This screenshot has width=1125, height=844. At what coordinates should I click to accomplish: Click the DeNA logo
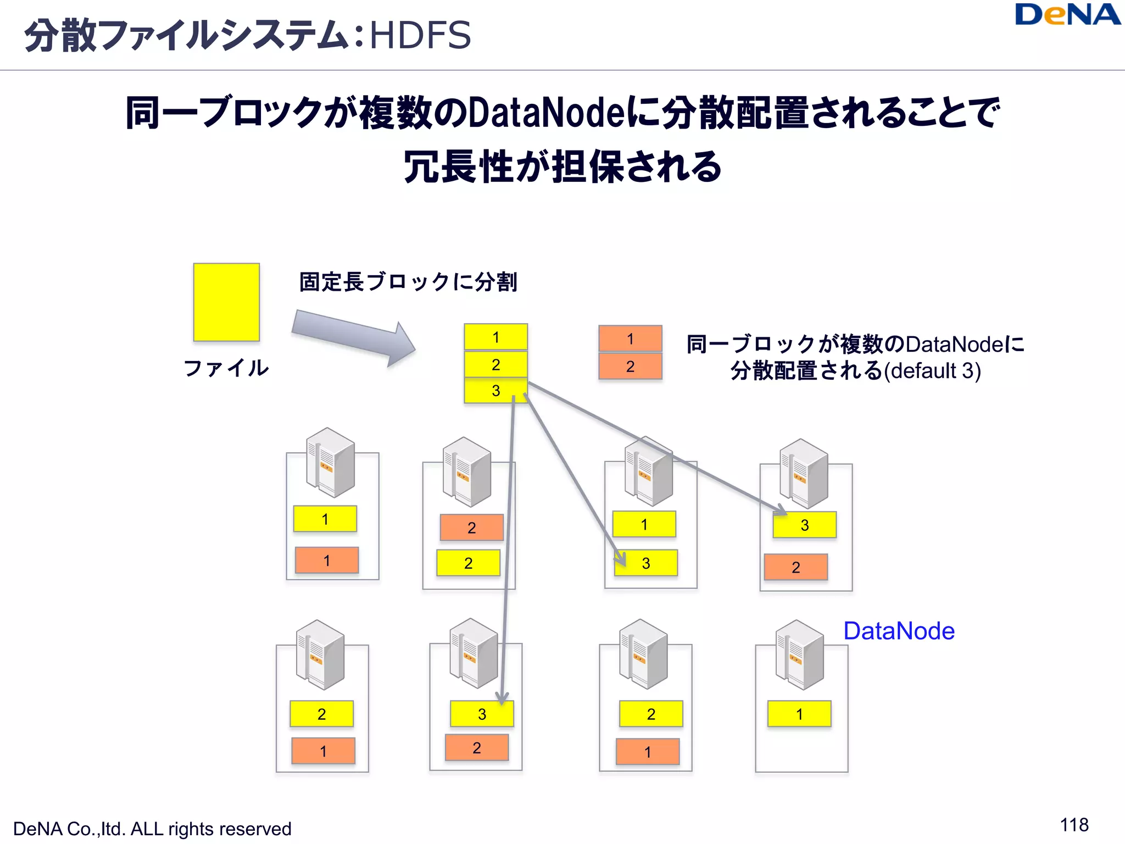pyautogui.click(x=1067, y=15)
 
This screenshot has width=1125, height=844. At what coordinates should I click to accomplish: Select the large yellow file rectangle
pyautogui.click(x=226, y=302)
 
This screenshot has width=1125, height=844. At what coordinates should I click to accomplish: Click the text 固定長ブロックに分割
pyautogui.click(x=408, y=282)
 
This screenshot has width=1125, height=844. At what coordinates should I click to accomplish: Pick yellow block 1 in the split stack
pyautogui.click(x=495, y=337)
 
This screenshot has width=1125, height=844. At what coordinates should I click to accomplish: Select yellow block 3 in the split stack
pyautogui.click(x=495, y=391)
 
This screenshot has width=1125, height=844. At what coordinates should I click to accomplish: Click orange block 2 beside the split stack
pyautogui.click(x=630, y=367)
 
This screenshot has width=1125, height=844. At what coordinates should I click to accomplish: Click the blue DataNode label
pyautogui.click(x=899, y=631)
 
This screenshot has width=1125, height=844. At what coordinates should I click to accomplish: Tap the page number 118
pyautogui.click(x=1074, y=825)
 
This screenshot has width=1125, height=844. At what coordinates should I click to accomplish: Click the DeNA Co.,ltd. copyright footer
pyautogui.click(x=152, y=829)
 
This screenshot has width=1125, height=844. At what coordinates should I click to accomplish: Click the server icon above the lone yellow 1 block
pyautogui.click(x=800, y=655)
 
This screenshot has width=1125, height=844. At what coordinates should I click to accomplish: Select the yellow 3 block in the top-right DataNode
pyautogui.click(x=805, y=525)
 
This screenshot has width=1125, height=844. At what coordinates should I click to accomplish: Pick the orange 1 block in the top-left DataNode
pyautogui.click(x=327, y=560)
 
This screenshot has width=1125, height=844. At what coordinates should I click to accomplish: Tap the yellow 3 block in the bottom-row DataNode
pyautogui.click(x=482, y=714)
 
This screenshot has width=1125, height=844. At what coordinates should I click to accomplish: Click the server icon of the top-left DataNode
pyautogui.click(x=330, y=463)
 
